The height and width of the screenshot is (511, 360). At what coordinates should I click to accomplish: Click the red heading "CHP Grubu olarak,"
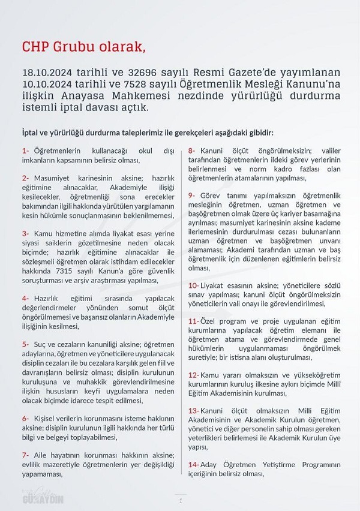(83, 47)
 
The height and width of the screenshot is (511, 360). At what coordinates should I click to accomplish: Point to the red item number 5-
(25, 344)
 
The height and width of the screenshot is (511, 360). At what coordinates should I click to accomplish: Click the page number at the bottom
(180, 500)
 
